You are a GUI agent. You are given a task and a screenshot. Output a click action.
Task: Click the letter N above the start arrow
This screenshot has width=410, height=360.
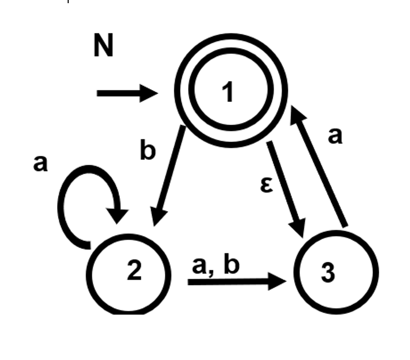(x=104, y=46)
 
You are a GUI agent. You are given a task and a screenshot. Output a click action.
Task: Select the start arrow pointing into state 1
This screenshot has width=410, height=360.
(x=127, y=93)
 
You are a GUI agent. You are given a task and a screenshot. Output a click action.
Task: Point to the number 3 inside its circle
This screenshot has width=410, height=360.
(x=328, y=273)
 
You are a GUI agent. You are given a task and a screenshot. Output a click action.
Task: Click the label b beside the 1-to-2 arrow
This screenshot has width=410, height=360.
(x=148, y=151)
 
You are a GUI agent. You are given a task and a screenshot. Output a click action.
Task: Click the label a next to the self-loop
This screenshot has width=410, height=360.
(x=40, y=164)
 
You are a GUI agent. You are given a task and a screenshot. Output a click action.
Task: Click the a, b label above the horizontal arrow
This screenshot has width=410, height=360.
(x=215, y=266)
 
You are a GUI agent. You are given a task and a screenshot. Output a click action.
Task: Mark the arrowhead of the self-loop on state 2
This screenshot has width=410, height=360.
(x=119, y=215)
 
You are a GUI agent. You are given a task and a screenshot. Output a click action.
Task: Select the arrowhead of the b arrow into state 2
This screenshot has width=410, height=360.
(x=159, y=216)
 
